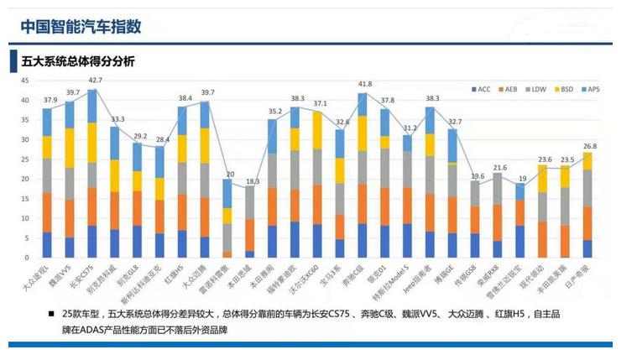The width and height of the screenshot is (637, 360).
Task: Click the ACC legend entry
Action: click(x=482, y=89)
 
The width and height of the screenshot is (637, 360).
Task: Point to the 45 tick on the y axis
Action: click(x=24, y=81)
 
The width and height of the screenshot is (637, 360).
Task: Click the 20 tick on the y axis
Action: click(x=24, y=179)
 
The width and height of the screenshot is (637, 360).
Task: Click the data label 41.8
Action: click(x=363, y=85)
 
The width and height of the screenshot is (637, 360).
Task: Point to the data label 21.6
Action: click(x=499, y=168)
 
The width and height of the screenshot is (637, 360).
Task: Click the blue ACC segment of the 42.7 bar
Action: click(x=91, y=242)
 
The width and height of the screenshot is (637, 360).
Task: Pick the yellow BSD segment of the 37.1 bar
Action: click(x=317, y=130)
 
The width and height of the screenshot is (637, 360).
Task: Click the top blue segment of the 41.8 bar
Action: click(x=363, y=103)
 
